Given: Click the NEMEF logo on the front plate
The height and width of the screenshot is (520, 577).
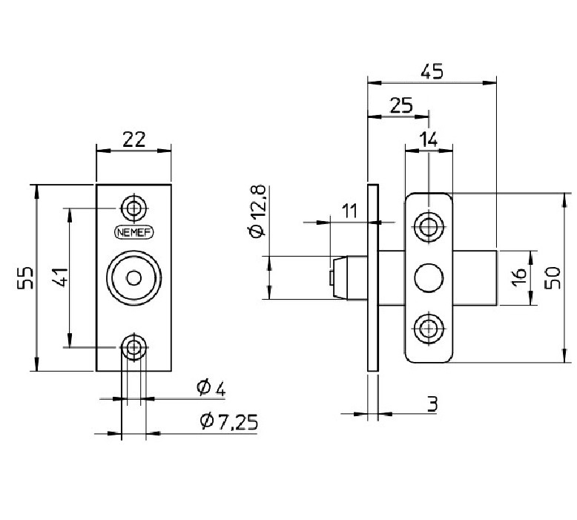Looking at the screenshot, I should coord(134,231).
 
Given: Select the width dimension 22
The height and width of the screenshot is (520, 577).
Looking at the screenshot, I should coord(133,139).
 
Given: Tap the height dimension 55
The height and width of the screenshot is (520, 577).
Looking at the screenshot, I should coord(25,277).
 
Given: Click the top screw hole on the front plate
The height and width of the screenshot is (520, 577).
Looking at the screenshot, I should coord(134,208).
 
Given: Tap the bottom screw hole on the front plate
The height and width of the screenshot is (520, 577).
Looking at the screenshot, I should coord(134,346).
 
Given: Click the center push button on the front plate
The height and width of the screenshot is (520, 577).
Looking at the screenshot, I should coord(134,277).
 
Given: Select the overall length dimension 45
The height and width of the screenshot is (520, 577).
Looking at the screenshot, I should coord(432,71).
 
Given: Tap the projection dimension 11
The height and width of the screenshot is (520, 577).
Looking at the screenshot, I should coord(349,211).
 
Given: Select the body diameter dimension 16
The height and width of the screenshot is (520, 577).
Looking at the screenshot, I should coord(519,277).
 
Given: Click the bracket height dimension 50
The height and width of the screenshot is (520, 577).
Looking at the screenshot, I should coord(553,277).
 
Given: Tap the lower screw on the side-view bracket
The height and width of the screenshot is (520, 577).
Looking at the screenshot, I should coord(428,328).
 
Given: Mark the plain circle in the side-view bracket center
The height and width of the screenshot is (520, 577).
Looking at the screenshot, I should coord(428,277).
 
